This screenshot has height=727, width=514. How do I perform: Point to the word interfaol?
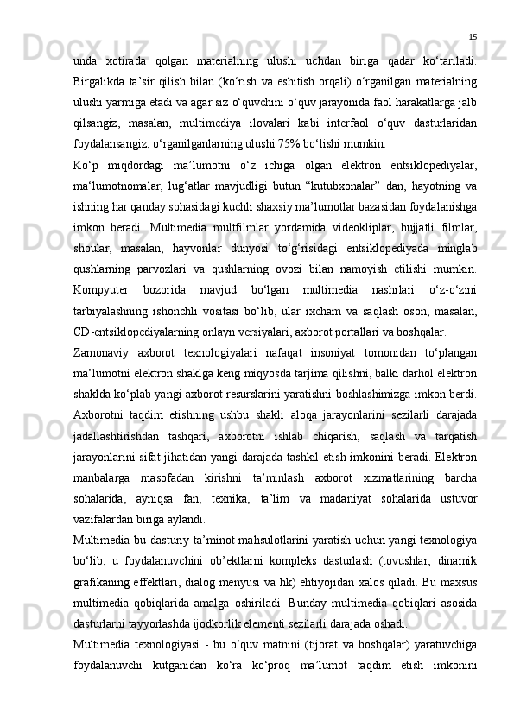(x=350, y=122)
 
